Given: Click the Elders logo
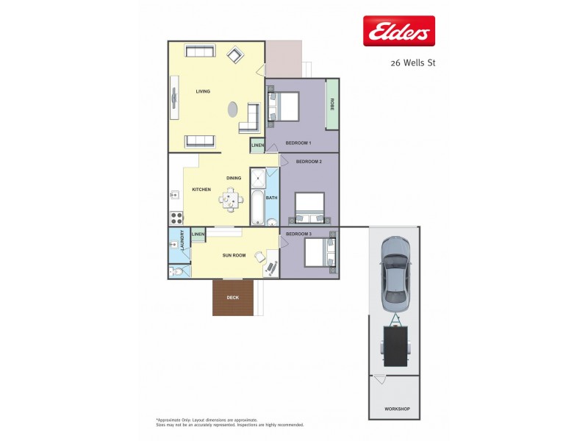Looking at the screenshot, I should coord(399,31).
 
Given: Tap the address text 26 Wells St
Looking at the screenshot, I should coord(412,63).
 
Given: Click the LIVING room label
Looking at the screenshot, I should coord(203,92).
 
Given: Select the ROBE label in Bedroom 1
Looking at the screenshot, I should coord(332,104).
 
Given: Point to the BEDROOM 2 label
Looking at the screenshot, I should coord(309,161).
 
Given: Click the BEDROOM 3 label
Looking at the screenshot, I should coord(298,234).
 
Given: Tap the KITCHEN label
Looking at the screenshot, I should coord(201,190).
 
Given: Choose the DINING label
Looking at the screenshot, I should coord(234,178).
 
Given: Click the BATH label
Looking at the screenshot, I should coord(271,198).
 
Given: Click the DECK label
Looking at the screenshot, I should coord(232,298).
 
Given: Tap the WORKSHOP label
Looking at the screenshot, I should coord(397,409).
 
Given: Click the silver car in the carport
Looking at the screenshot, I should coord(395,274).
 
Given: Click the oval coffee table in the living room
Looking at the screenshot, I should coord(232,110).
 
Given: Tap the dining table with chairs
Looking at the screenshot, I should coord(232,198).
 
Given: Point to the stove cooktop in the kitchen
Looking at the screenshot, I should coord(177,218).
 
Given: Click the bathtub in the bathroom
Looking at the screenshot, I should coord(257,208).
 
